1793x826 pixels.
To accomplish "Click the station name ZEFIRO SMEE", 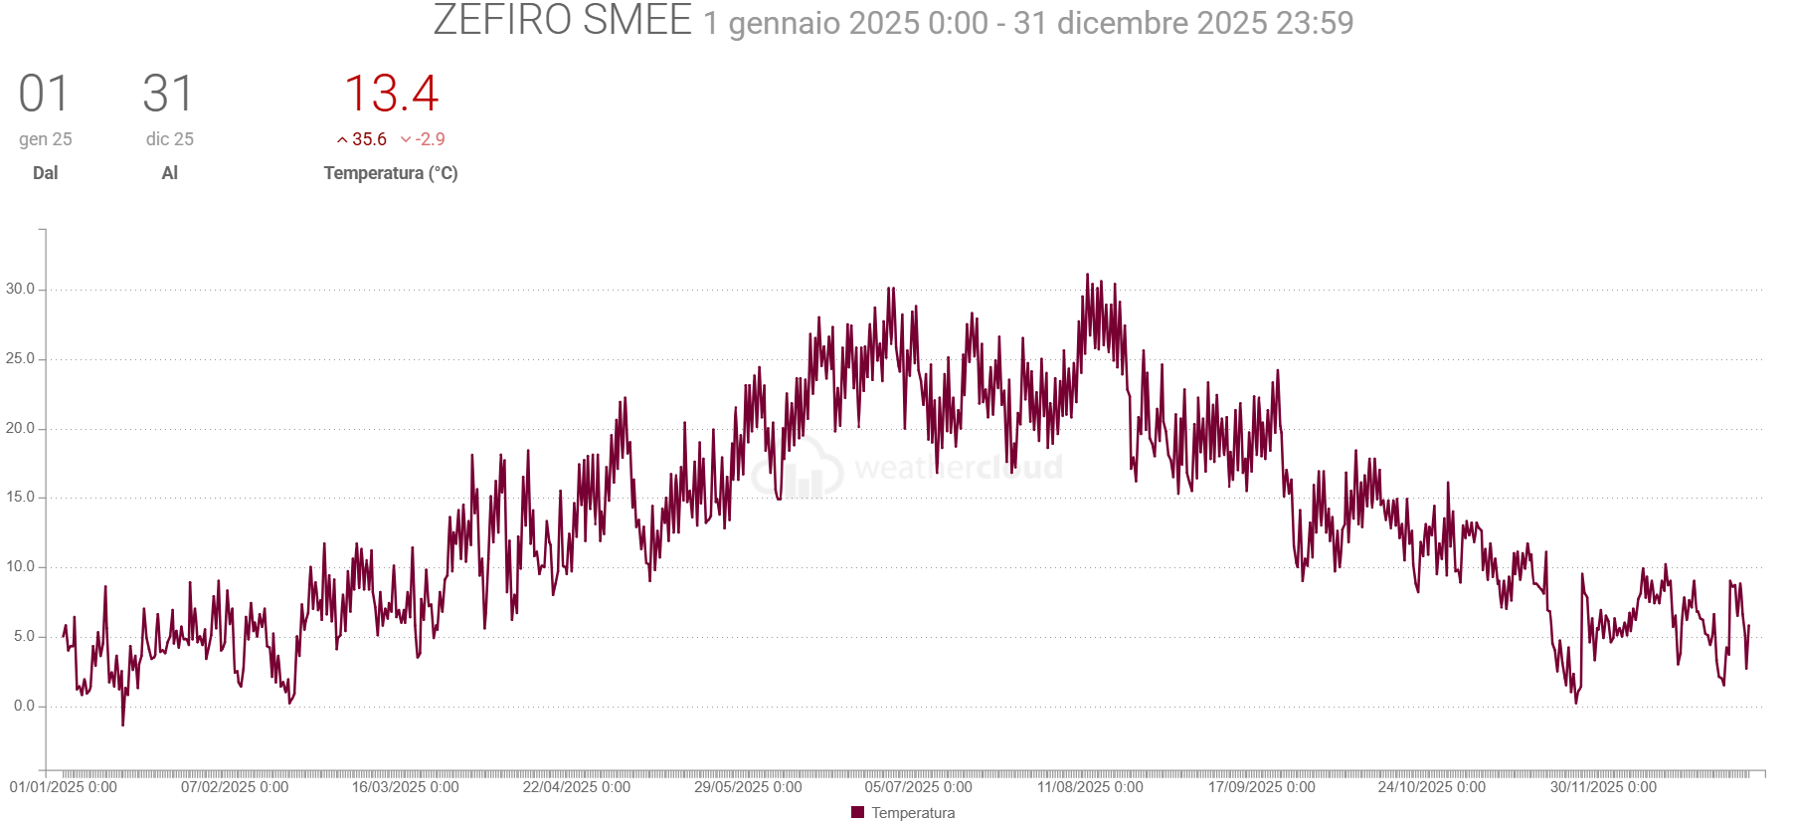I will tap(562, 21).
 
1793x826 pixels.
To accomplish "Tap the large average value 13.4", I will tap(391, 95).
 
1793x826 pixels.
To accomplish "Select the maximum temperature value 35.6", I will tap(369, 139).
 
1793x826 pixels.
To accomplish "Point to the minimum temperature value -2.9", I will tap(430, 139).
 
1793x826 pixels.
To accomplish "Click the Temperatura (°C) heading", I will tap(391, 173).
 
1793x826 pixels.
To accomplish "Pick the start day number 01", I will tap(45, 95).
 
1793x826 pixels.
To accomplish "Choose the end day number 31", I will tap(168, 95).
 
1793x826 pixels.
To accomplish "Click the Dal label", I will tap(46, 173).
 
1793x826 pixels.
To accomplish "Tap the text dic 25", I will tap(170, 139).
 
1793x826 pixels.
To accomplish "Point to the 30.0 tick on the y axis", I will tap(20, 290).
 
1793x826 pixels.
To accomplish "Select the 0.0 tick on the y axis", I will tap(24, 706).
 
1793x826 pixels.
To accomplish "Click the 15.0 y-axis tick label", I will tap(20, 498).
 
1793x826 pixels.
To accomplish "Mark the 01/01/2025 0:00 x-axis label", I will tap(64, 787).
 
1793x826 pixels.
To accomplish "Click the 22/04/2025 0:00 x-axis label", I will tap(577, 787).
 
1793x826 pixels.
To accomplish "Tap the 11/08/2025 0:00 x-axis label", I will tap(1090, 787).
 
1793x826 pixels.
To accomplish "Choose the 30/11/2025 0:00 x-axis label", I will tap(1603, 787).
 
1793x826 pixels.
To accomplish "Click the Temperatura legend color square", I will tap(858, 813).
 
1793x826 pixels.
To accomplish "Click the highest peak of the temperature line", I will tap(1087, 275).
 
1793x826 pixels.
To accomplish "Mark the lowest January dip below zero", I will tap(123, 724).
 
